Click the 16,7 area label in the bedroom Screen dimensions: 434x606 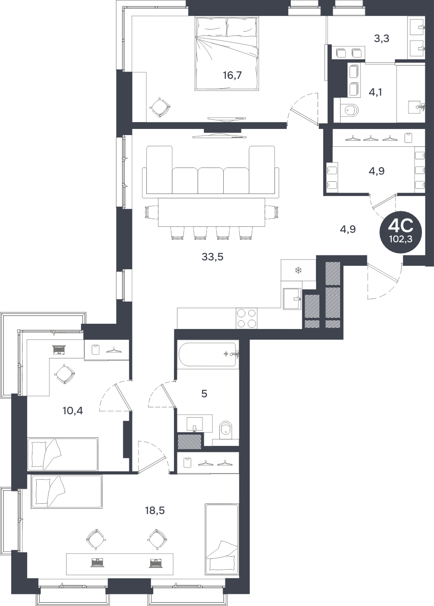point(232,75)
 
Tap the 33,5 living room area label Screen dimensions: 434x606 point(212,257)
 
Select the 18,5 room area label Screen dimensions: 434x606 point(155,511)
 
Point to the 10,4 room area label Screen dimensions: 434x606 point(73,411)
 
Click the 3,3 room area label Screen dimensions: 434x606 point(382,39)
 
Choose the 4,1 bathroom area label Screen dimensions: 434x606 point(376,93)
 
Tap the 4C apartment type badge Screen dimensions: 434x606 point(401,232)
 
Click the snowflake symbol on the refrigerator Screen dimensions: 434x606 point(298,270)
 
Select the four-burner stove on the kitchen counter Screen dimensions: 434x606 point(247,319)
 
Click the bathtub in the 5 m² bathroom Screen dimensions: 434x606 point(208,355)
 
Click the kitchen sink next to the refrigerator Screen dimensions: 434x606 point(292,298)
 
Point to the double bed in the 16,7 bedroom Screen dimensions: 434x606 point(227,54)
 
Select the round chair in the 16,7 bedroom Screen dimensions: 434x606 point(160,107)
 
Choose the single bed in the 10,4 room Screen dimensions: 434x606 point(63,454)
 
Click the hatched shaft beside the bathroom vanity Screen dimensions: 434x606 point(190,442)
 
